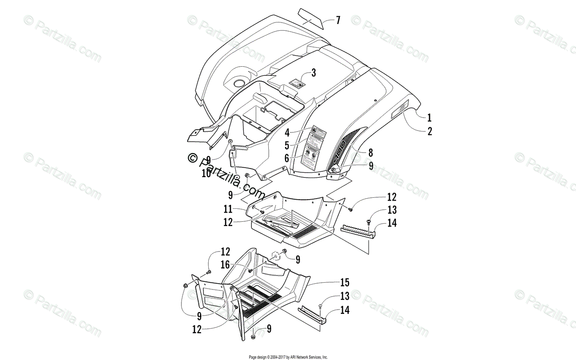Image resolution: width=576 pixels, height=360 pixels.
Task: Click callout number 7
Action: click(x=338, y=20)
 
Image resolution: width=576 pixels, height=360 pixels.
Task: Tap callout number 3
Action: click(x=313, y=73)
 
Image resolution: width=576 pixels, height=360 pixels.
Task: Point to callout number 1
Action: click(x=430, y=117)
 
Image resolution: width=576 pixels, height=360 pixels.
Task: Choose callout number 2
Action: click(x=430, y=131)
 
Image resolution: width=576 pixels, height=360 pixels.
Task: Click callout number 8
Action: click(x=370, y=153)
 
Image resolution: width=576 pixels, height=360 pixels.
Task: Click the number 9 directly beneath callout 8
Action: click(x=371, y=166)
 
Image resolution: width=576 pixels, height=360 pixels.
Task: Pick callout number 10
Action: click(x=206, y=174)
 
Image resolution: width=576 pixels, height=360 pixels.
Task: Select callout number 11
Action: click(x=228, y=209)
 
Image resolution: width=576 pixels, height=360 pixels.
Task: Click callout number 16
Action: click(x=225, y=264)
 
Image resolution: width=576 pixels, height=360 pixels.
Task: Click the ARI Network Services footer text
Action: click(x=288, y=357)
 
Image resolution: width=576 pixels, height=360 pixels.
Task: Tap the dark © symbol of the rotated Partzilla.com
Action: click(x=193, y=157)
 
